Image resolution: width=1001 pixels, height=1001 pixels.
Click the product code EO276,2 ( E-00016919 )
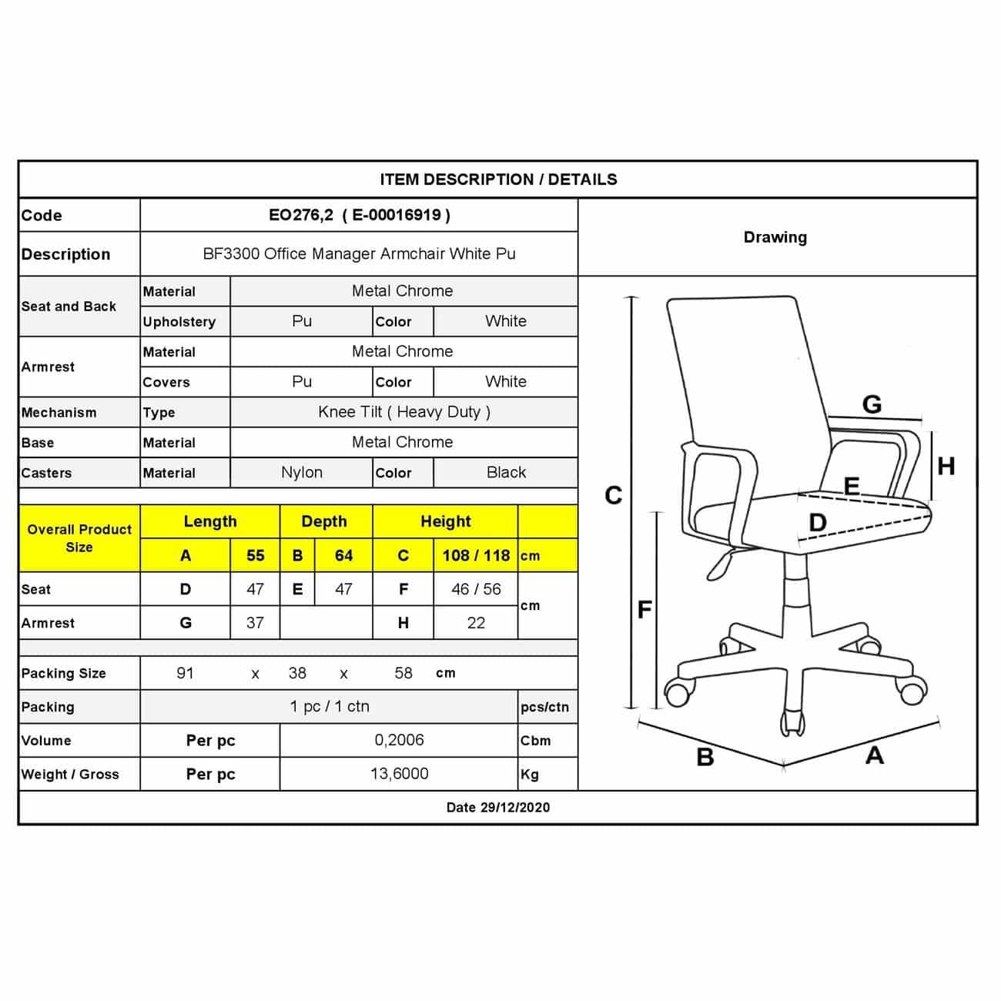coord(359,216)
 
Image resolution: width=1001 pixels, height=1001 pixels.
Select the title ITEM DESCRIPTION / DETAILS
coord(498,179)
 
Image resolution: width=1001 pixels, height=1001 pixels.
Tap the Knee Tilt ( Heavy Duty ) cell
coord(403,412)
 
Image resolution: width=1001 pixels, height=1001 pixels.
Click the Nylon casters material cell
coord(302,472)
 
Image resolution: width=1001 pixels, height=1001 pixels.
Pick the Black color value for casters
coord(506,472)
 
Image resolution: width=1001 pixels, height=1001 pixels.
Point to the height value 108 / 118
coord(476,555)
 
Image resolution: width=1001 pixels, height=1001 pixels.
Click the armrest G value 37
coord(255,622)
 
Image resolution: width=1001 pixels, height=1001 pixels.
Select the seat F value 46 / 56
coord(476,589)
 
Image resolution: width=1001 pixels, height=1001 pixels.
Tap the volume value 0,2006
coord(399,740)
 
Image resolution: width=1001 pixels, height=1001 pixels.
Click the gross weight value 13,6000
coord(399,774)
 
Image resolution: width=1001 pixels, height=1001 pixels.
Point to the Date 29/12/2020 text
coord(498,807)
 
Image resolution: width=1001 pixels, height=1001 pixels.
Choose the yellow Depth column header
coord(324,521)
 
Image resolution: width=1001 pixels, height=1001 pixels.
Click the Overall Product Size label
coord(79,538)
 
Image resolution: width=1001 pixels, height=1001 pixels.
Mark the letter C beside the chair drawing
coord(613,495)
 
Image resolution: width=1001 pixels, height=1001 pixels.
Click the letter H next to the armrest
coord(946,466)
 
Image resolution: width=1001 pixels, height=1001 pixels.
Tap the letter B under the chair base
coord(705,757)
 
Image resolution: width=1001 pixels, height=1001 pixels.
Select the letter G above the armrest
coord(872,403)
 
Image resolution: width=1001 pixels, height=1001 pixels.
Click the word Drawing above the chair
coord(775,237)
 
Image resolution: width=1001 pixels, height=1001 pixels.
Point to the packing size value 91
coord(185,673)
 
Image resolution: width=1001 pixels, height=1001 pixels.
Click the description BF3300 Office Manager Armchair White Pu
coord(359,253)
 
